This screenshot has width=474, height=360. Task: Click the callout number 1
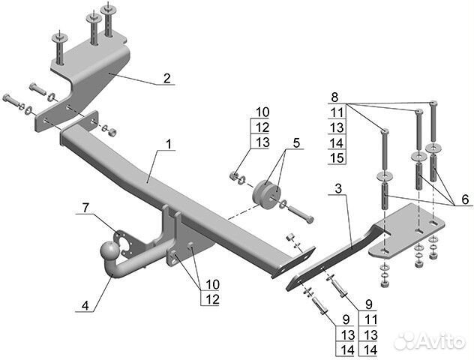169,142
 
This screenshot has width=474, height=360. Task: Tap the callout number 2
166,77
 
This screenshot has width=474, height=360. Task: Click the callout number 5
296,142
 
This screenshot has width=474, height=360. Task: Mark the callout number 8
334,97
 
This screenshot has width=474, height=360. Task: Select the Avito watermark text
437,341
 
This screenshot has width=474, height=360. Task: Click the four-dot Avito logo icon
404,340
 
